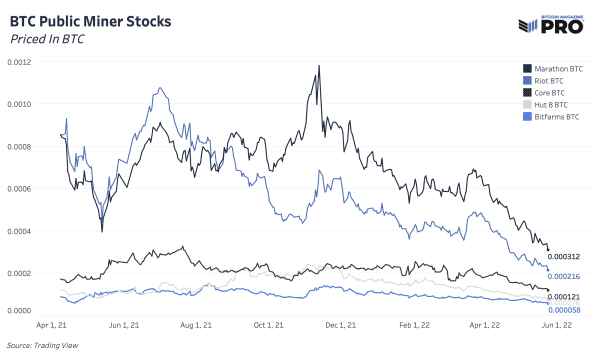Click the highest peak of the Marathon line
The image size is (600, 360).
[319, 66]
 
